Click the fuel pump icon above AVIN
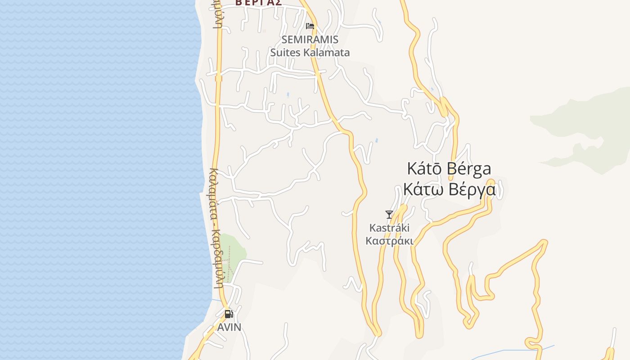pyautogui.click(x=229, y=314)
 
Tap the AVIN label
pyautogui.click(x=229, y=327)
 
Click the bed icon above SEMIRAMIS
pyautogui.click(x=310, y=26)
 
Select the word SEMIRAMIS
pyautogui.click(x=310, y=40)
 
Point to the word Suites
pyautogui.click(x=285, y=53)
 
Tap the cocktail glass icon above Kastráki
pyautogui.click(x=389, y=215)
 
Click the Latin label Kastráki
pyautogui.click(x=389, y=228)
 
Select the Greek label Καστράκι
pyautogui.click(x=389, y=241)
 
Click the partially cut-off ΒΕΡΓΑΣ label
pyautogui.click(x=259, y=3)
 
